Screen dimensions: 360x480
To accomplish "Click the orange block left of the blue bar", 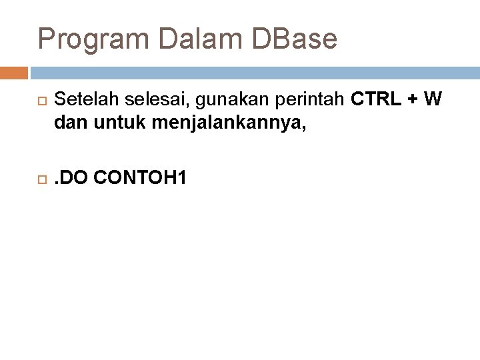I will pyautogui.click(x=14, y=73).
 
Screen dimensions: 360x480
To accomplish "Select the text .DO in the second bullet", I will pyautogui.click(x=74, y=178).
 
